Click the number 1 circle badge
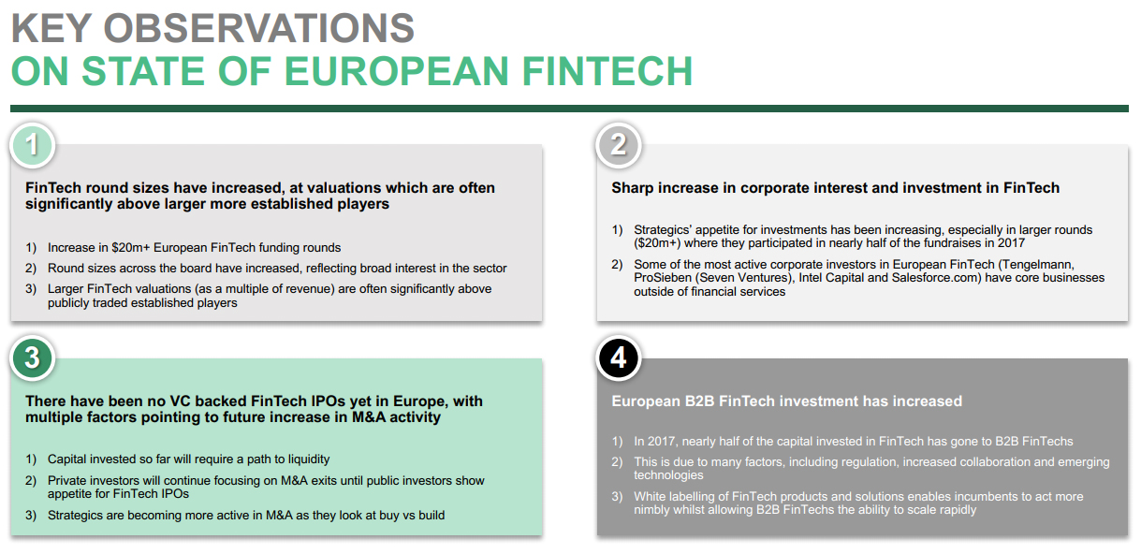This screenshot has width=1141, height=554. (x=32, y=145)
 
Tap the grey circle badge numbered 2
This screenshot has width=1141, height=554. (x=619, y=145)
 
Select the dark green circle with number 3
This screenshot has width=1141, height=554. (x=32, y=358)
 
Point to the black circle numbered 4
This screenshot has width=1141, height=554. (x=619, y=358)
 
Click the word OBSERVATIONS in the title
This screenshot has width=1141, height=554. (x=258, y=28)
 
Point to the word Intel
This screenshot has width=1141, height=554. (x=812, y=278)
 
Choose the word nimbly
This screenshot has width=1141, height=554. (x=652, y=510)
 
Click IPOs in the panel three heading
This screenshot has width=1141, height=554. (x=326, y=401)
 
